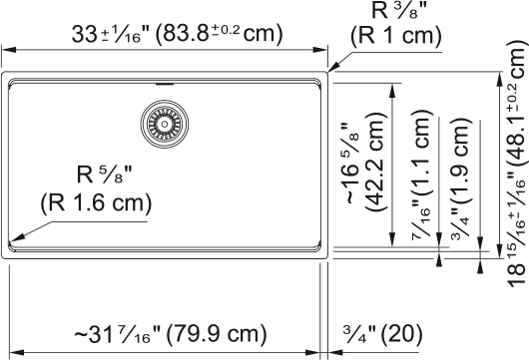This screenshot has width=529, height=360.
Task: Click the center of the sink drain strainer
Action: pos(165,124)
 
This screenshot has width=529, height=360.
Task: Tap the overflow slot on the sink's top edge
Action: pos(165,84)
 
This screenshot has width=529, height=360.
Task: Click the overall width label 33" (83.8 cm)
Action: pos(178,34)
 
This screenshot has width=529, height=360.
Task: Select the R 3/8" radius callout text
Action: pos(399,10)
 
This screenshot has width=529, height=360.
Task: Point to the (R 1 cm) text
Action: pos(396,35)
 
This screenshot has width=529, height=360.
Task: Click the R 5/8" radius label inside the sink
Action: pos(104,175)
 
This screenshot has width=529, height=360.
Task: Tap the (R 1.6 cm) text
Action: pos(96,202)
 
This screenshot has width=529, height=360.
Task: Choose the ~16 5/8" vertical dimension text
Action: pos(351,164)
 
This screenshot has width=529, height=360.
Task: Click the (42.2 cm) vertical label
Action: pos(374,162)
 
